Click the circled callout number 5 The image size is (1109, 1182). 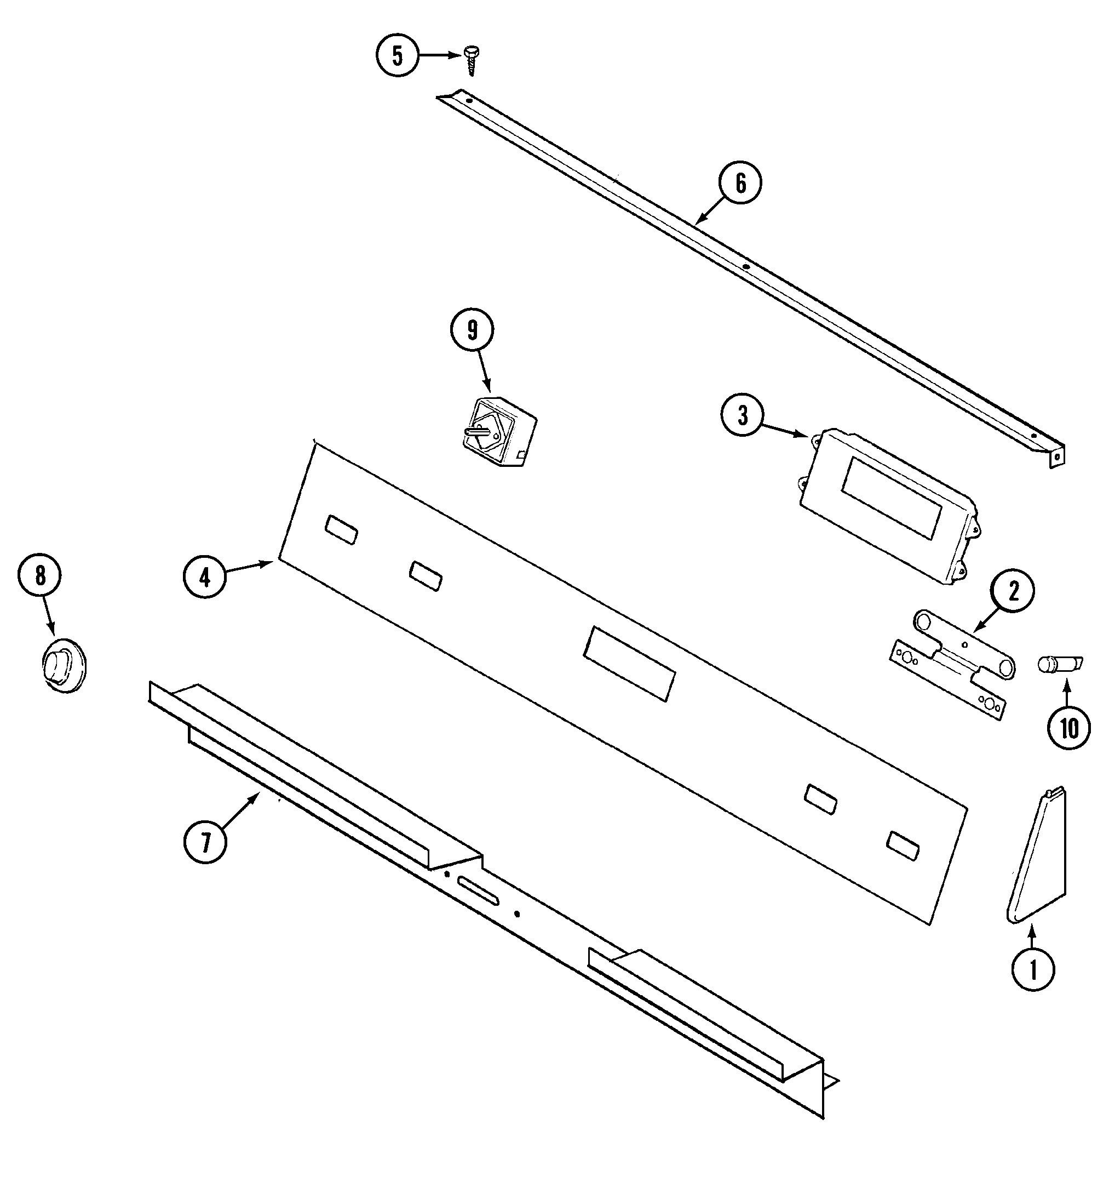coord(397,55)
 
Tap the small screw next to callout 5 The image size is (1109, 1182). coord(470,61)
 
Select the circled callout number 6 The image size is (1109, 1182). coord(740,183)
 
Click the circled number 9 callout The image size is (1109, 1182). coord(472,330)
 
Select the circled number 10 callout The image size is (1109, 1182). coord(1068,728)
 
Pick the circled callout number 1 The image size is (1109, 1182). coord(1033,970)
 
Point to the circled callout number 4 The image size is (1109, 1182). coord(205,576)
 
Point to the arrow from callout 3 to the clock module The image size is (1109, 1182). coord(784,429)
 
